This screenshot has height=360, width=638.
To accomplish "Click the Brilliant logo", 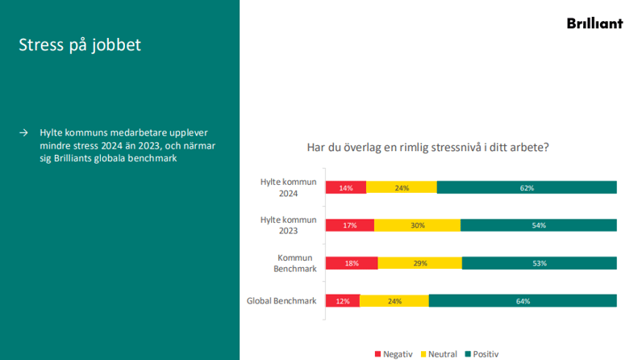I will point(594,23).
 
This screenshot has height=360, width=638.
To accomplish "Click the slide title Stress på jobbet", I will point(80,45).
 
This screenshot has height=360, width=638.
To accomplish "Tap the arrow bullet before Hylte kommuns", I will point(24,132).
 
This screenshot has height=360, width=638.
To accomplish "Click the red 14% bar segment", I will point(346,187).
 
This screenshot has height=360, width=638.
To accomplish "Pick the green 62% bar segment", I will point(527,187).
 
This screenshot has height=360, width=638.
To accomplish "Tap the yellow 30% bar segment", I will point(417,225).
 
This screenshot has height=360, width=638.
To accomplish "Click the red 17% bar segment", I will point(350,225).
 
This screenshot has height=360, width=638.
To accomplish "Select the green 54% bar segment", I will point(538,225).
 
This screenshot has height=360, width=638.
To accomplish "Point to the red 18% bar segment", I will point(352,263).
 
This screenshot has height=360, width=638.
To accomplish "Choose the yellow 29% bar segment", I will point(419,263).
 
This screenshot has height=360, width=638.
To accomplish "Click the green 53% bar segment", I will point(539,263).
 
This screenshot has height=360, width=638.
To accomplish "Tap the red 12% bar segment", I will point(343,301).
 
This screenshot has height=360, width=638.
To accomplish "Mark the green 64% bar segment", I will point(523,301).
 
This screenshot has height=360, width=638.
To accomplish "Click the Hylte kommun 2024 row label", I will point(290,187).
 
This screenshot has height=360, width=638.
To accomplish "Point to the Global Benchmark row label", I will point(281,301).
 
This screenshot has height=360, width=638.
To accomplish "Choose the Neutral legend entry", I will point(440,354).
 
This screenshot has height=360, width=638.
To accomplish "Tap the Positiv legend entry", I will point(482,354).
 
